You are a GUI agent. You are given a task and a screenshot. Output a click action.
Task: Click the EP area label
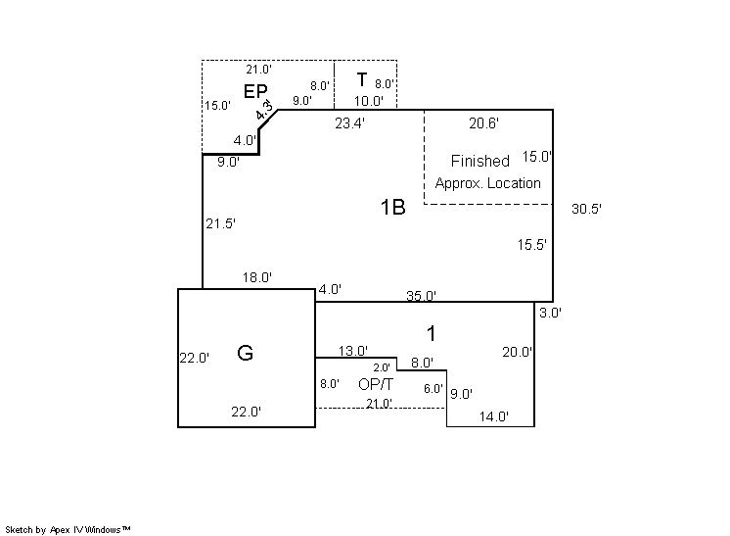256,91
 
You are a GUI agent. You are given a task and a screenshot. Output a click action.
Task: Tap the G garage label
246,353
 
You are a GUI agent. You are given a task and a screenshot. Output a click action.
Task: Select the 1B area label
392,207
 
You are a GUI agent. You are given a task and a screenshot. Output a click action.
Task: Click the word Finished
479,161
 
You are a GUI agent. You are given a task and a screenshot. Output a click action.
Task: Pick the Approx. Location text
487,183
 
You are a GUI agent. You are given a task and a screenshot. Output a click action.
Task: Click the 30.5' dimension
587,209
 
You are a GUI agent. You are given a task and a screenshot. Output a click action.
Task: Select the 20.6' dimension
484,123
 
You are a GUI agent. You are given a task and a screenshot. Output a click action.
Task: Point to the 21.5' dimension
221,223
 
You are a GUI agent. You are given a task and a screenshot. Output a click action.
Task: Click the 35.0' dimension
422,295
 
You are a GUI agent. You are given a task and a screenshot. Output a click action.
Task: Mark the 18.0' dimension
257,278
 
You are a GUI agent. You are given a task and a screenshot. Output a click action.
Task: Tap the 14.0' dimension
493,416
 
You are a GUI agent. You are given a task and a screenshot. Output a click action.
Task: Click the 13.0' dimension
352,350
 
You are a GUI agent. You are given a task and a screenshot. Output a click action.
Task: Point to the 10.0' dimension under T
369,100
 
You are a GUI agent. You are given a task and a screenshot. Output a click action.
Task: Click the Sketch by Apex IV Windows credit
68,529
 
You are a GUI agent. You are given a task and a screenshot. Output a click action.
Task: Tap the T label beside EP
362,80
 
